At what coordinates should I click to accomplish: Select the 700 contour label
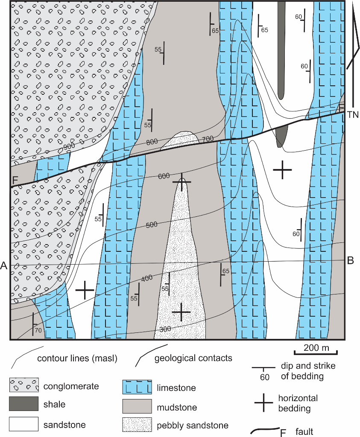pyautogui.click(x=208, y=138)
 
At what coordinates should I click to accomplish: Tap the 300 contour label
pyautogui.click(x=165, y=329)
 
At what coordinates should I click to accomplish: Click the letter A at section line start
pyautogui.click(x=4, y=266)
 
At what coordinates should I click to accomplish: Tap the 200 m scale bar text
pyautogui.click(x=316, y=348)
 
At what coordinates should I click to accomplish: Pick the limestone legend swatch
pyautogui.click(x=137, y=387)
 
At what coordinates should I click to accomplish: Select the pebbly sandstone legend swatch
pyautogui.click(x=137, y=425)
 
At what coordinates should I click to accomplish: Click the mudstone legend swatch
pyautogui.click(x=137, y=406)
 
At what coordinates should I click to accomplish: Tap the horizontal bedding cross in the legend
pyautogui.click(x=264, y=402)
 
